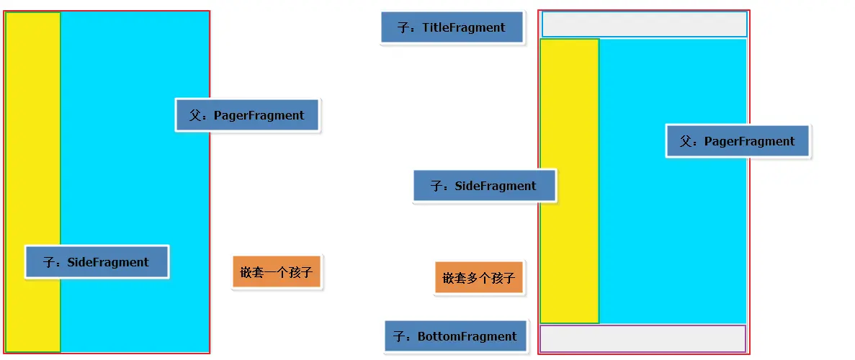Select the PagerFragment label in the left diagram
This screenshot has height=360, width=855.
point(247,115)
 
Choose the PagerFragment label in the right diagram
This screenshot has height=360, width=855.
point(738,141)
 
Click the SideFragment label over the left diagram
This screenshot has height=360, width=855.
point(97,262)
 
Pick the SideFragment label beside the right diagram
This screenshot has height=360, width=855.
point(484,186)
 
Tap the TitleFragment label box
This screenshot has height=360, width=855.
point(452,28)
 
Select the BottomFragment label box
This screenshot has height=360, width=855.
point(455,336)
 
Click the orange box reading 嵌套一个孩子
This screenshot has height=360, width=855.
point(277,273)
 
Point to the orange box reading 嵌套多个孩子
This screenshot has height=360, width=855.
point(479,277)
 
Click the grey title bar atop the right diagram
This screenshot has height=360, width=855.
point(644,24)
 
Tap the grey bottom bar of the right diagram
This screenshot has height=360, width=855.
point(643,338)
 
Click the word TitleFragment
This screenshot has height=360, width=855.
point(464,28)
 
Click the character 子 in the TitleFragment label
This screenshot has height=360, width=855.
point(403,28)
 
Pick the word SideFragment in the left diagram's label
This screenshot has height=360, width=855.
point(108,262)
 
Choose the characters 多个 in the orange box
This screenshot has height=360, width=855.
point(479,277)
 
